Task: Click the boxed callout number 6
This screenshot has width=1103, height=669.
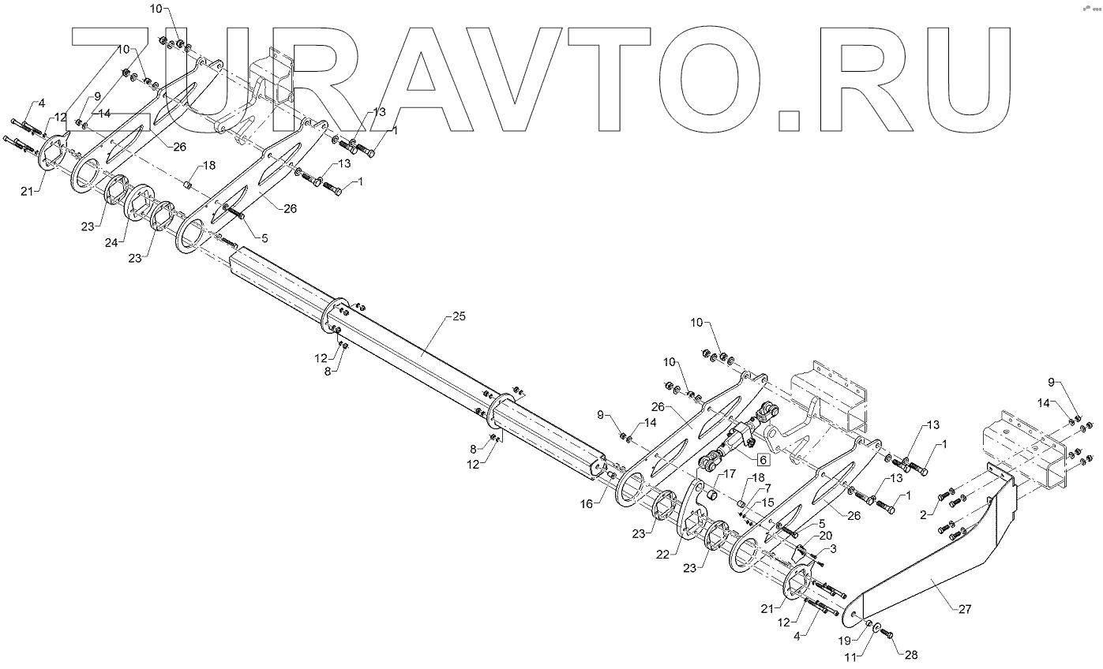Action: (763, 458)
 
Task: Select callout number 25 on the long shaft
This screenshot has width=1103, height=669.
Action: (460, 316)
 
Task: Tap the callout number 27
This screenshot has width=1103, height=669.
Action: (965, 609)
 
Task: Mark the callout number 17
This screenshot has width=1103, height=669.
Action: (727, 474)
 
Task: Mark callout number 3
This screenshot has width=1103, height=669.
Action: (832, 548)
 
